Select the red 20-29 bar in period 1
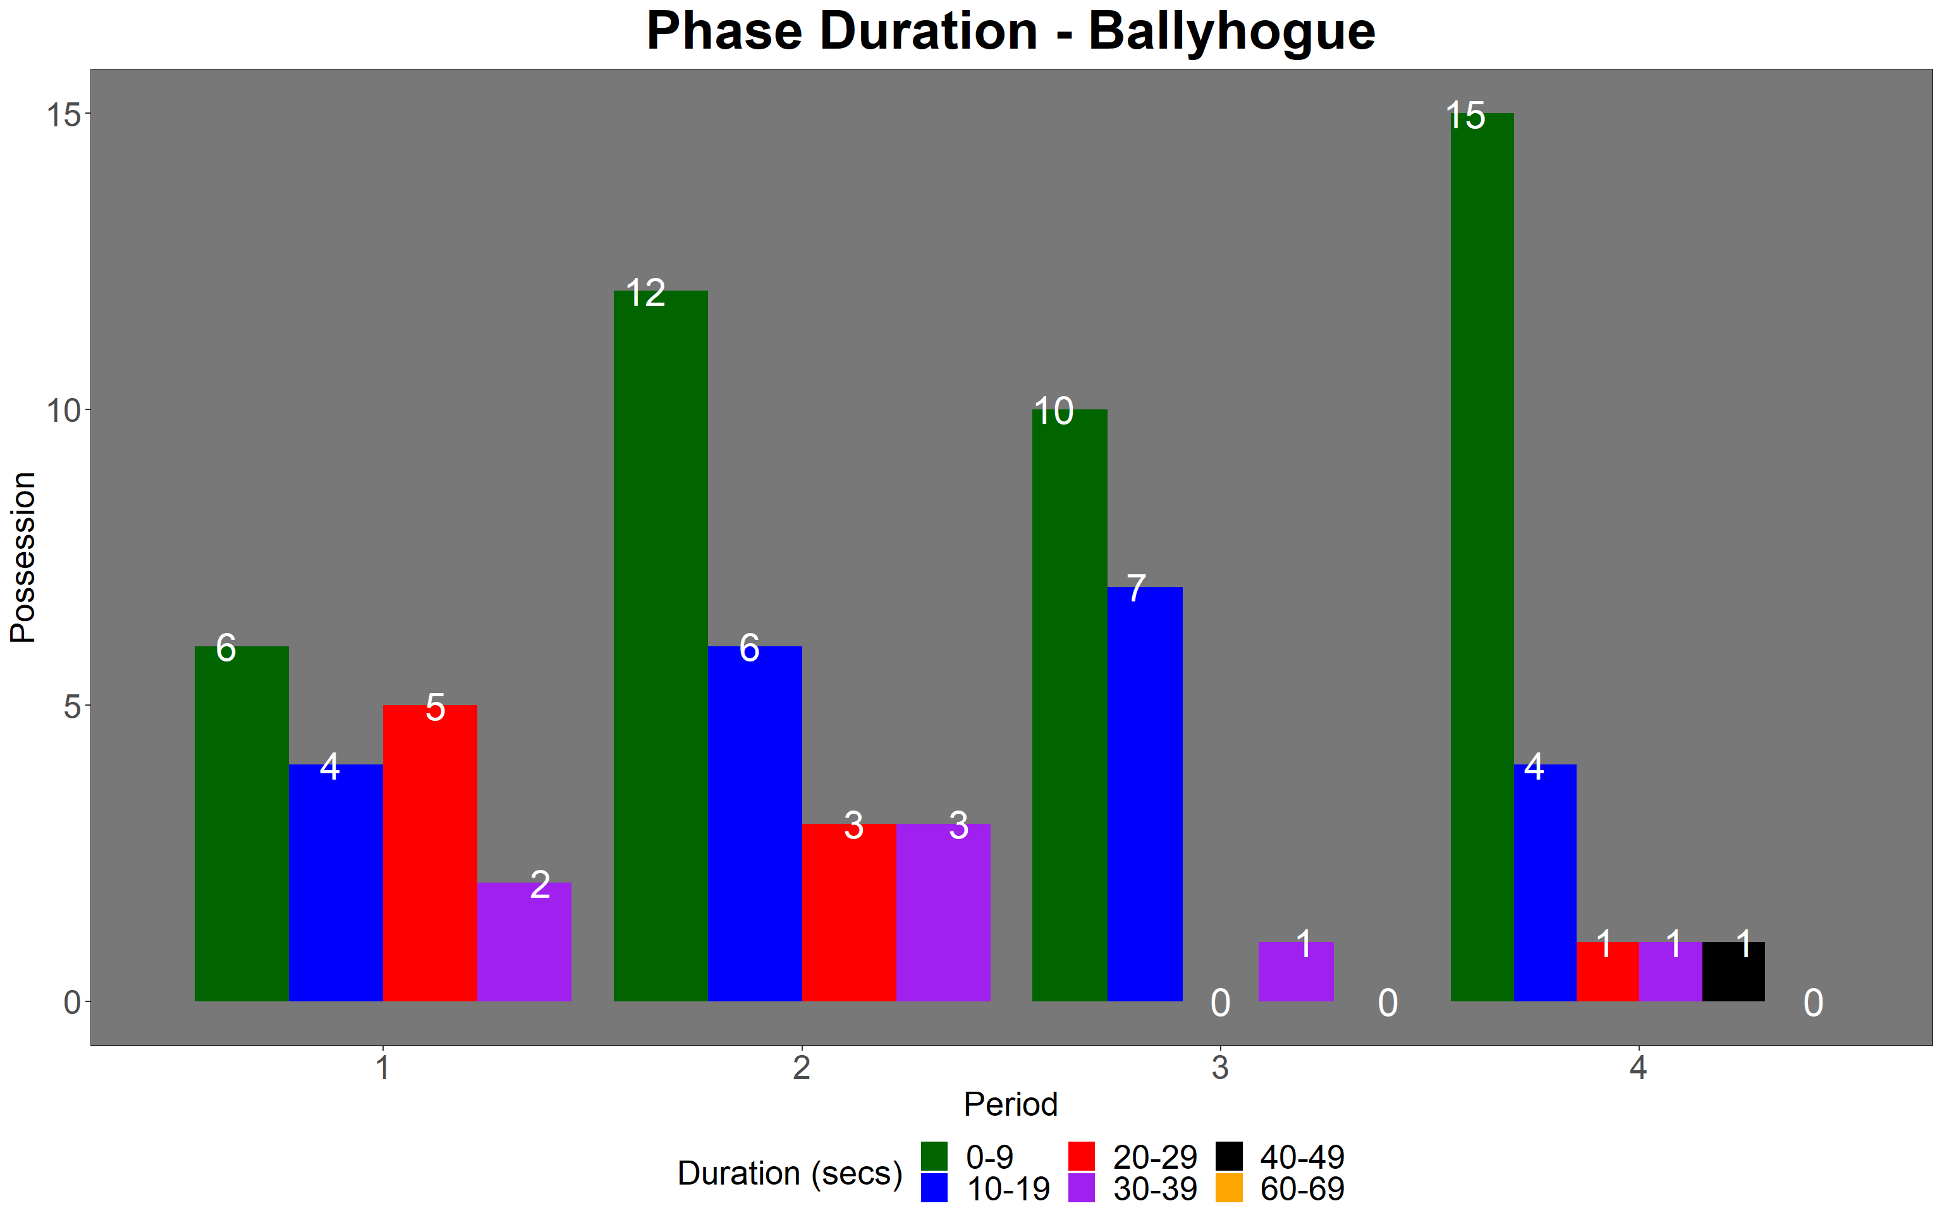click(x=430, y=853)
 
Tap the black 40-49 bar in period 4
click(x=1733, y=972)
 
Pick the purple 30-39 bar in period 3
click(x=1296, y=972)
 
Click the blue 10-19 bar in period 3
click(x=1145, y=794)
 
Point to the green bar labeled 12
click(x=661, y=646)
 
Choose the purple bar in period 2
click(x=943, y=912)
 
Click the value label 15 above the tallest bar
click(x=1465, y=116)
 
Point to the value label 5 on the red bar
click(x=435, y=708)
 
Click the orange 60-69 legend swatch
click(x=1228, y=1188)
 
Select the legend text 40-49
click(x=1302, y=1157)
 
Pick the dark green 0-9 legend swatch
click(x=934, y=1156)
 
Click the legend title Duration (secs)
click(x=790, y=1173)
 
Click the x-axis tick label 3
click(x=1220, y=1068)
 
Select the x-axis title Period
click(x=1010, y=1105)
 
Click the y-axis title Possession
click(x=23, y=558)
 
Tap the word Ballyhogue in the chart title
click(x=1232, y=32)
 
